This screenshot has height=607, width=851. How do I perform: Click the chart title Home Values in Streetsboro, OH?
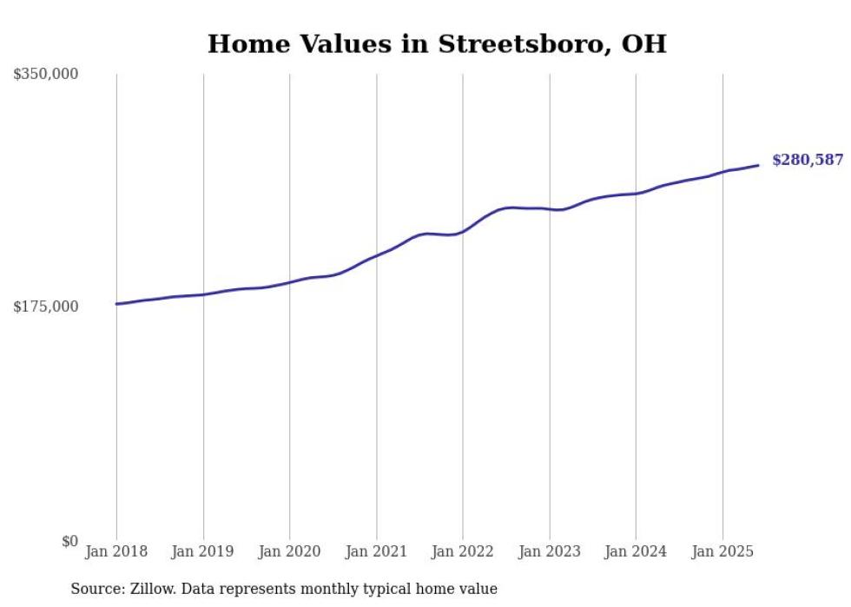coord(437,44)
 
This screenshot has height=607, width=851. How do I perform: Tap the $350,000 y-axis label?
coord(46,75)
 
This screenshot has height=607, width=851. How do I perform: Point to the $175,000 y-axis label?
coord(46,307)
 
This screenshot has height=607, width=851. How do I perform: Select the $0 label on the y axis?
coord(69,541)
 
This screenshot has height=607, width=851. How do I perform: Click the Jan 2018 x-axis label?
coord(116,551)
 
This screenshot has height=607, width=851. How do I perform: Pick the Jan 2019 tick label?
coord(203,551)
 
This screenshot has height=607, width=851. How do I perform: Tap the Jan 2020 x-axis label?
coord(289,551)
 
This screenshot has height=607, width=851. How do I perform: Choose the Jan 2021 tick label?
coord(376,551)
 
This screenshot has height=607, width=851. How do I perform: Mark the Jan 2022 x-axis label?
coord(463,551)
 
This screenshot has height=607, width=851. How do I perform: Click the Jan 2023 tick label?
coord(549,551)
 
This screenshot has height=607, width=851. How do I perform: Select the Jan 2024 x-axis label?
coord(636,551)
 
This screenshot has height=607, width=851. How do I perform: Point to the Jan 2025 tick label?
coord(722,551)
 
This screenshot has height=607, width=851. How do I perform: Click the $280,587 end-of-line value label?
coord(808,160)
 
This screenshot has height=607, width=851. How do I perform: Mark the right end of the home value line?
coord(758,165)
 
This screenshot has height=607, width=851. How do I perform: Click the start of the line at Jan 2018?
coord(116,304)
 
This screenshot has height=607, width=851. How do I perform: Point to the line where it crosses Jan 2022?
coord(463,232)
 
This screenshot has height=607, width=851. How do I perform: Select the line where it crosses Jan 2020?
coord(289,282)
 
